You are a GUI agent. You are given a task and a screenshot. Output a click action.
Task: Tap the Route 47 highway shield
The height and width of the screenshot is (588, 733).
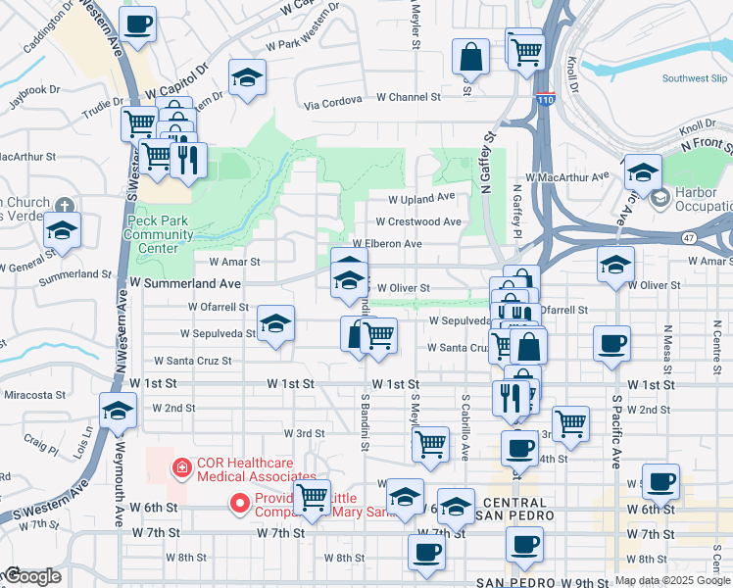point(691,237)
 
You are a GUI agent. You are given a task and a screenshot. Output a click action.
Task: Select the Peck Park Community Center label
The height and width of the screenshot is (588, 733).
point(160,234)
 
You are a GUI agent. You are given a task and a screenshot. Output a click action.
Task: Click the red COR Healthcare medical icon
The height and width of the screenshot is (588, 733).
point(180,469)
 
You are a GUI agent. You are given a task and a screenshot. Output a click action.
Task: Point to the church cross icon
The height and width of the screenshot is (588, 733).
point(65,207)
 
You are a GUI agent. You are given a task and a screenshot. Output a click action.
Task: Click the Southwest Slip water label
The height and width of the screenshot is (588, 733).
point(696,78)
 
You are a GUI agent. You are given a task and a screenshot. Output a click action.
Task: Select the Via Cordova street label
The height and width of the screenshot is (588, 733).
point(338,103)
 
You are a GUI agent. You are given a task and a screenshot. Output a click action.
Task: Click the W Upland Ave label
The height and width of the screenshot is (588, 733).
point(421,197)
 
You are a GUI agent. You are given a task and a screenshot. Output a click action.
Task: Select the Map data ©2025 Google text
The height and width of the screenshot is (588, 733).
point(672,580)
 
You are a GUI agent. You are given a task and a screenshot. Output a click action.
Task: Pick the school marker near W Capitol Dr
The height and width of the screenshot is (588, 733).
point(248,77)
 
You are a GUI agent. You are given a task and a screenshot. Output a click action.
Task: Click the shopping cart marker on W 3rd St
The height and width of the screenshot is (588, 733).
point(430,444)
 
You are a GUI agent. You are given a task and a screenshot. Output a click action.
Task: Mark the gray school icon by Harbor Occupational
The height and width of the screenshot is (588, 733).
point(660,199)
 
